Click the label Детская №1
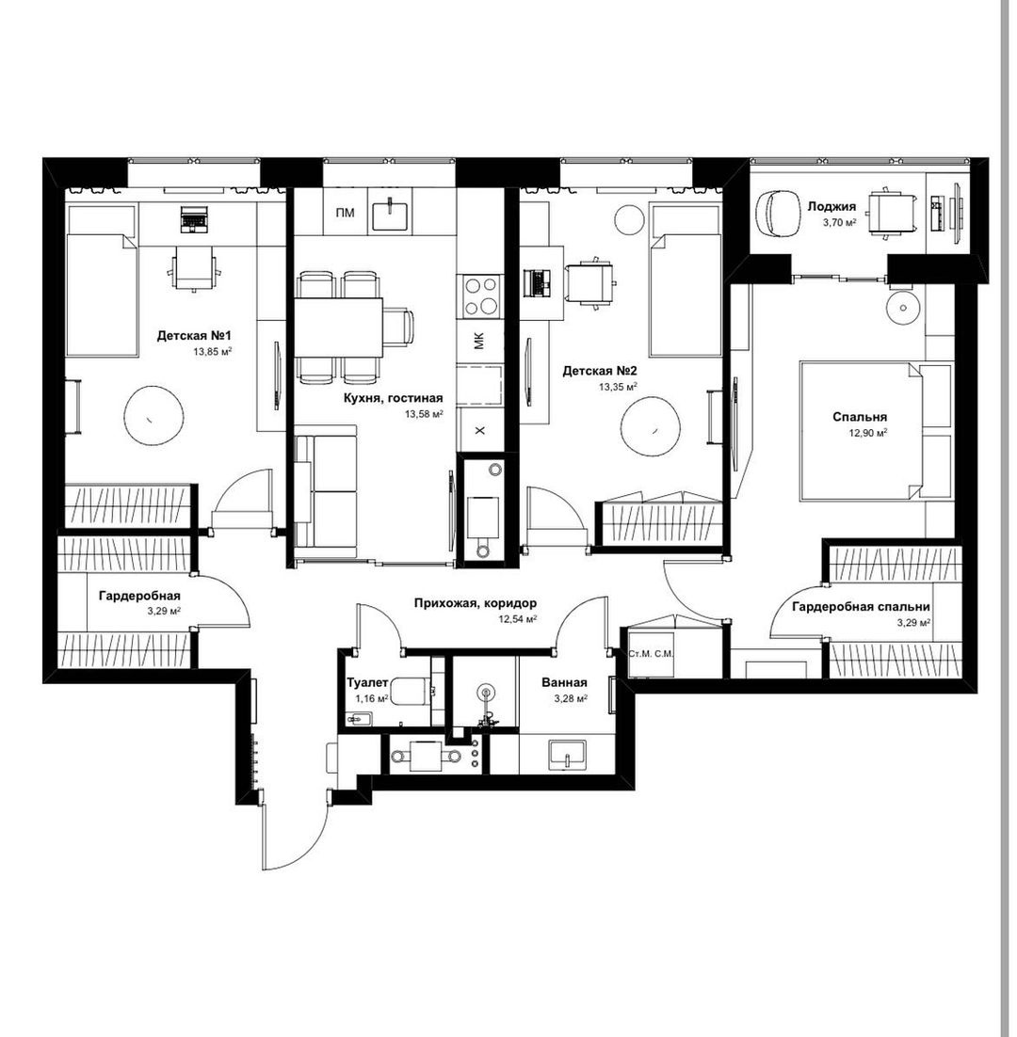(x=194, y=336)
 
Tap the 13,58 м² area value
(x=424, y=414)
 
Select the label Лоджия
(x=831, y=206)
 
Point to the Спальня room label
(x=860, y=417)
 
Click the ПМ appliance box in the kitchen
(x=345, y=213)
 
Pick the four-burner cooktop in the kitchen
(x=480, y=295)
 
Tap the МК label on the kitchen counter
(x=479, y=341)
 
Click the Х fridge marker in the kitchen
(x=480, y=431)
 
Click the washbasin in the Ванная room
(x=567, y=755)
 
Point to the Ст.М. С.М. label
(x=651, y=653)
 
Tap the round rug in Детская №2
(x=651, y=427)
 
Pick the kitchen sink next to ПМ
(x=390, y=214)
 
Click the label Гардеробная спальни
(x=861, y=606)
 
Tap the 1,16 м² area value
(x=371, y=697)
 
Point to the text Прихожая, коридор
(x=476, y=603)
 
